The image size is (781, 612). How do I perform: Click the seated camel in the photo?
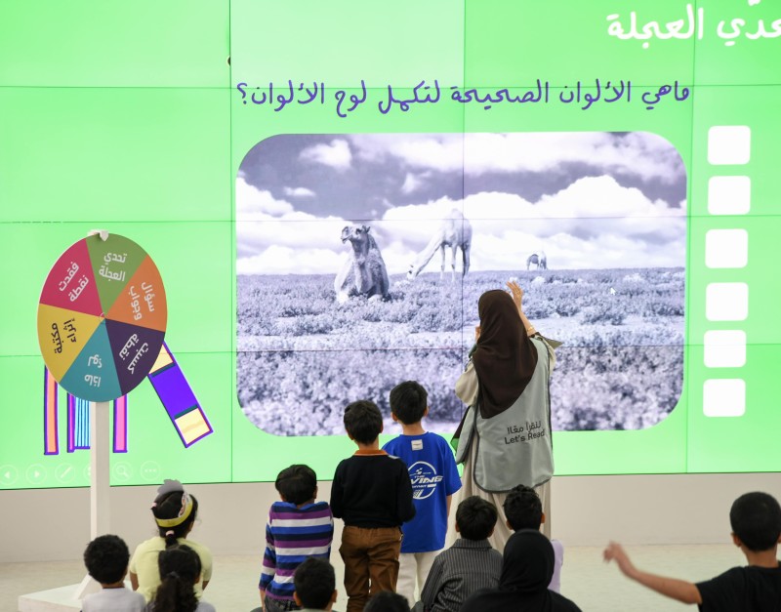pos(362,265)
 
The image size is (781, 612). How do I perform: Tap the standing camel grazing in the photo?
pos(444,238)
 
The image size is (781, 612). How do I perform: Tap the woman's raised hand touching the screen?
pos(514,292)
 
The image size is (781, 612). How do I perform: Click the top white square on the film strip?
pos(728,145)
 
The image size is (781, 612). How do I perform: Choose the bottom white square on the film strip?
pos(724,397)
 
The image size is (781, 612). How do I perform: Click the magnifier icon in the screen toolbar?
pos(122,471)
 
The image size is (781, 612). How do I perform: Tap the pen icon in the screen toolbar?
pos(64,472)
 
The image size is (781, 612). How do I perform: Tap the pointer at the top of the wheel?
pos(98,235)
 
